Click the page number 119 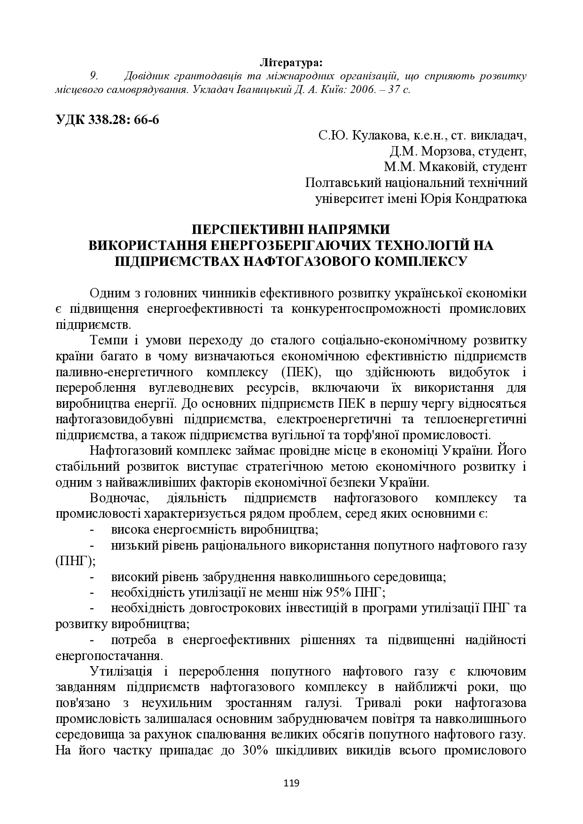point(291,783)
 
